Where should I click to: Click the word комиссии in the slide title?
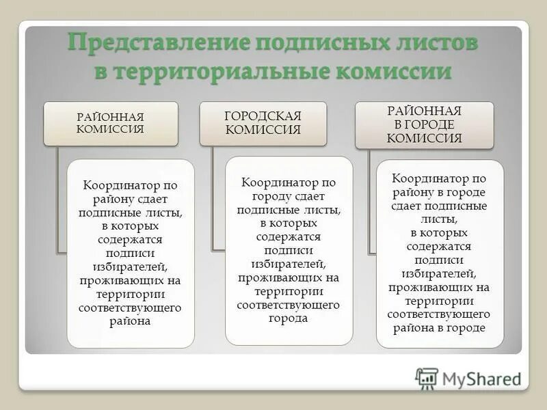click(x=394, y=71)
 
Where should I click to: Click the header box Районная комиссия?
click(x=111, y=123)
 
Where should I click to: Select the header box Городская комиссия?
click(x=263, y=123)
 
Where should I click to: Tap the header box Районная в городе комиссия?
click(x=424, y=124)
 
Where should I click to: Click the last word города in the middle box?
click(x=289, y=318)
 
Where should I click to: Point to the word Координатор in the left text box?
click(x=114, y=186)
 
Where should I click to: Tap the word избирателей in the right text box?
click(x=438, y=273)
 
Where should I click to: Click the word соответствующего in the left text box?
click(x=130, y=308)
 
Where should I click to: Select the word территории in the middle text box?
click(x=289, y=292)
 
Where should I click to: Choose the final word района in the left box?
click(x=130, y=321)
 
